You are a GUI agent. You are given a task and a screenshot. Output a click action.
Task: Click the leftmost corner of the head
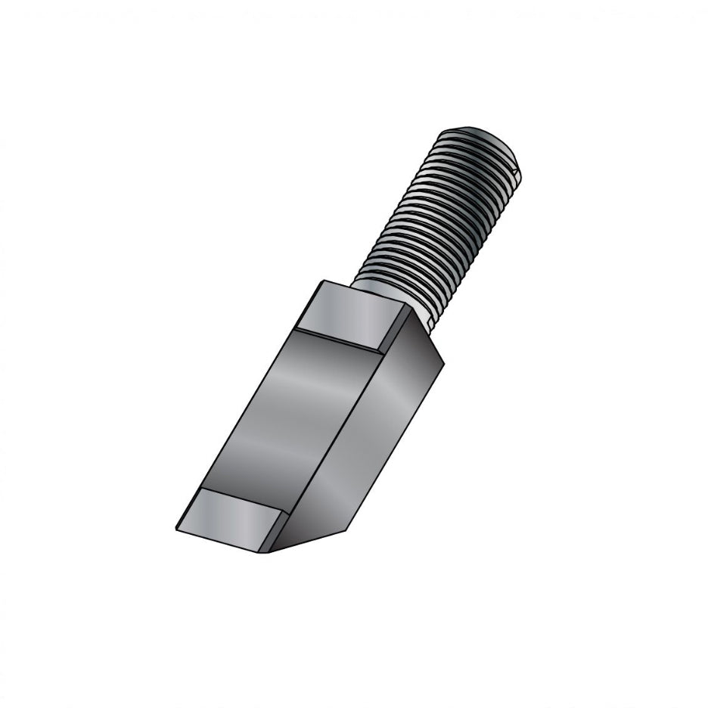coord(176,529)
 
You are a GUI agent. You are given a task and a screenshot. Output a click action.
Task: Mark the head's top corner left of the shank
coord(323,281)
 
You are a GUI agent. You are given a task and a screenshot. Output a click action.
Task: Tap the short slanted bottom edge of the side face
coord(310,541)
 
